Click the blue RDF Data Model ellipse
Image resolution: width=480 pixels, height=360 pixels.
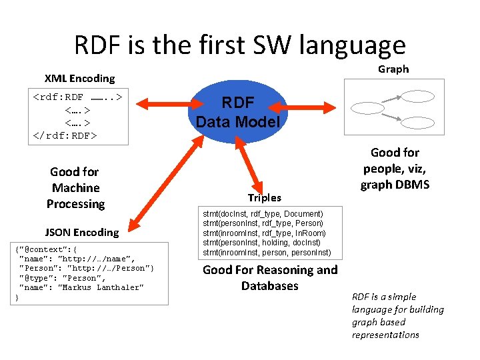[239, 113]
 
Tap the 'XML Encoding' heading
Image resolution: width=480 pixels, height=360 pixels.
[79, 79]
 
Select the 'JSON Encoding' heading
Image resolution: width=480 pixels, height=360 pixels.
[81, 232]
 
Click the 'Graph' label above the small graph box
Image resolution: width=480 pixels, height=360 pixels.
[393, 69]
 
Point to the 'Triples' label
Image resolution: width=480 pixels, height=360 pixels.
[265, 197]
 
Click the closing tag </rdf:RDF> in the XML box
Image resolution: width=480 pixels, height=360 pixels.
[65, 135]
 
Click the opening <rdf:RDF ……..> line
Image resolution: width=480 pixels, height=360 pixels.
[77, 97]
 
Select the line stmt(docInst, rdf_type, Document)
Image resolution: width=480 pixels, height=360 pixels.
[263, 213]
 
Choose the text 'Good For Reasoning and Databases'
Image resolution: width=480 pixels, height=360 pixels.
[269, 278]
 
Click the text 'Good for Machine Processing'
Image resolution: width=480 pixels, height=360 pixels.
[75, 188]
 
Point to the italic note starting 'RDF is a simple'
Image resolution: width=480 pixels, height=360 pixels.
[397, 315]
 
